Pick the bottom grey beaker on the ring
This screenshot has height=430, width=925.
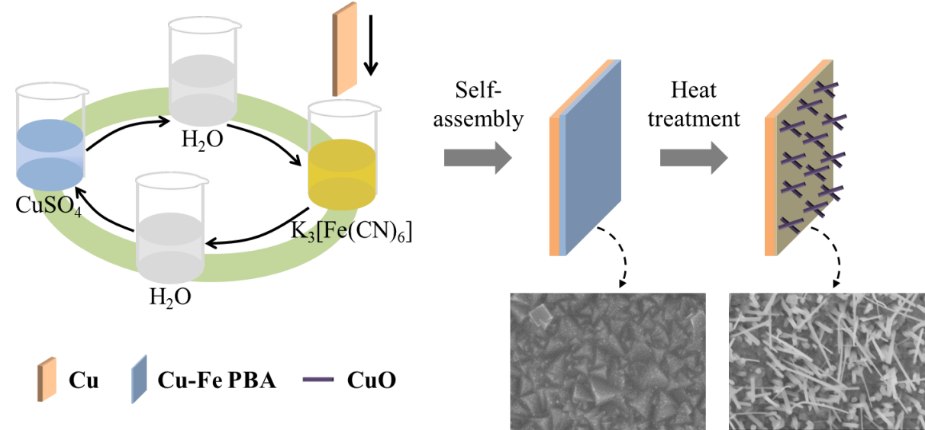click(170, 236)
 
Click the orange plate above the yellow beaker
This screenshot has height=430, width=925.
click(345, 50)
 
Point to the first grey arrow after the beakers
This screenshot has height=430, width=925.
click(478, 158)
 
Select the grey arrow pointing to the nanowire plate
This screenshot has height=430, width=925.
click(694, 158)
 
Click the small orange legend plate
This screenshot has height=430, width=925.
click(47, 378)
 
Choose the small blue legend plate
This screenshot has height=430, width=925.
click(139, 378)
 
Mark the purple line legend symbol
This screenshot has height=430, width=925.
click(317, 379)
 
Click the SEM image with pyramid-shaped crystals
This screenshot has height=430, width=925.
click(607, 361)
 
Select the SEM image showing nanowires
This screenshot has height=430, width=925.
click(826, 361)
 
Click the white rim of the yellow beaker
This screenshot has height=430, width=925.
click(345, 108)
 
